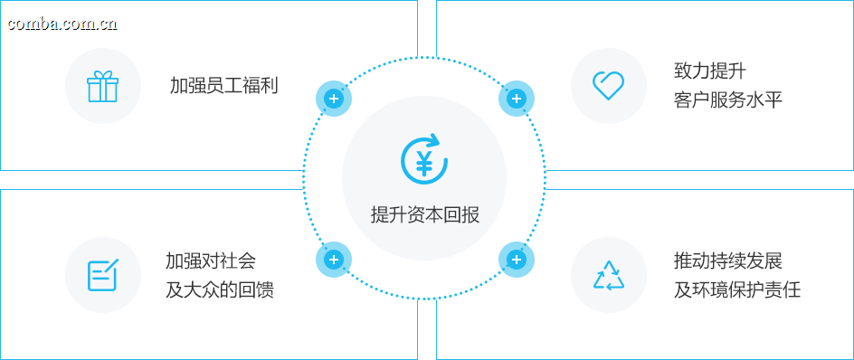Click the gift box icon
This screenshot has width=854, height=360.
(x=102, y=86)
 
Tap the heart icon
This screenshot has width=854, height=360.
(x=608, y=86)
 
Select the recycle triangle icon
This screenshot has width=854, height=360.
(x=608, y=275)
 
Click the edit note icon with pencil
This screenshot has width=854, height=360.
(x=102, y=275)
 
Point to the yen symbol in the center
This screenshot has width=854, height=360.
(x=423, y=162)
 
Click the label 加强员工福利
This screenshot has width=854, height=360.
(x=223, y=86)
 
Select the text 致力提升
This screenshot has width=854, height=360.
(x=709, y=71)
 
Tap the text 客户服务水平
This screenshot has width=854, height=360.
(x=727, y=100)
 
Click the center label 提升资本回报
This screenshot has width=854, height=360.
(x=425, y=214)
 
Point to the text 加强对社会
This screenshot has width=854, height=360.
(x=210, y=261)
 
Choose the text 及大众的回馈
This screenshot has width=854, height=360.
(x=220, y=289)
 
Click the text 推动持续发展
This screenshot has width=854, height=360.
(x=727, y=261)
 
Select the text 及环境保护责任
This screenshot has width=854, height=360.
(x=737, y=289)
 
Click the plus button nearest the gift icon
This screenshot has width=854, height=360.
(x=334, y=99)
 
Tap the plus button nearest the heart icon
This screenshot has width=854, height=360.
(x=517, y=99)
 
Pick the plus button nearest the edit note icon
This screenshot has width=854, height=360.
(x=334, y=260)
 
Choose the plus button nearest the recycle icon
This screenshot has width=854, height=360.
(x=517, y=260)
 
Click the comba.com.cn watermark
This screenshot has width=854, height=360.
(x=62, y=24)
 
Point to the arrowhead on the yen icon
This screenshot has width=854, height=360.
(x=434, y=140)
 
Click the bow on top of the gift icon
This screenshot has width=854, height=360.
(x=102, y=74)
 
